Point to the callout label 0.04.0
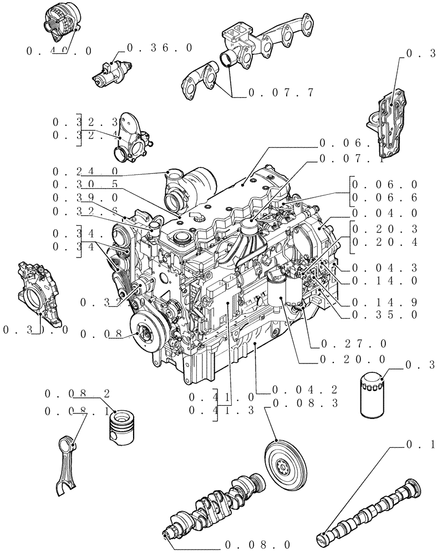click(384, 213)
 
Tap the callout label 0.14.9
click(384, 303)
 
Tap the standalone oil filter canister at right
click(372, 395)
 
